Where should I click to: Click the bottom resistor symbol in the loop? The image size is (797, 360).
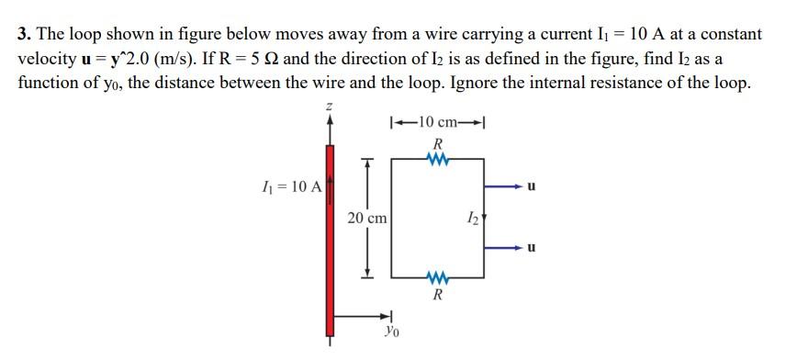438,276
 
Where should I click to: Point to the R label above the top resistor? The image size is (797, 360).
438,144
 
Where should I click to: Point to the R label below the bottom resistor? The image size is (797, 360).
438,296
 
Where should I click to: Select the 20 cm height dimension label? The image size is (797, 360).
367,218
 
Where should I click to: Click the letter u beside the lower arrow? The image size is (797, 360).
533,248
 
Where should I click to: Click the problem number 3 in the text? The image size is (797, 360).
23,35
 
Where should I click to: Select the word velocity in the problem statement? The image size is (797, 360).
45,59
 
